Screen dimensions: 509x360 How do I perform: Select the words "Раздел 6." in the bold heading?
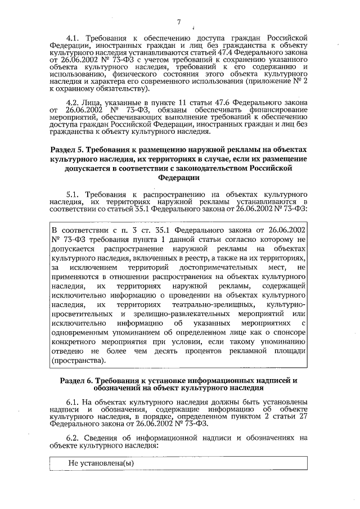79,381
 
